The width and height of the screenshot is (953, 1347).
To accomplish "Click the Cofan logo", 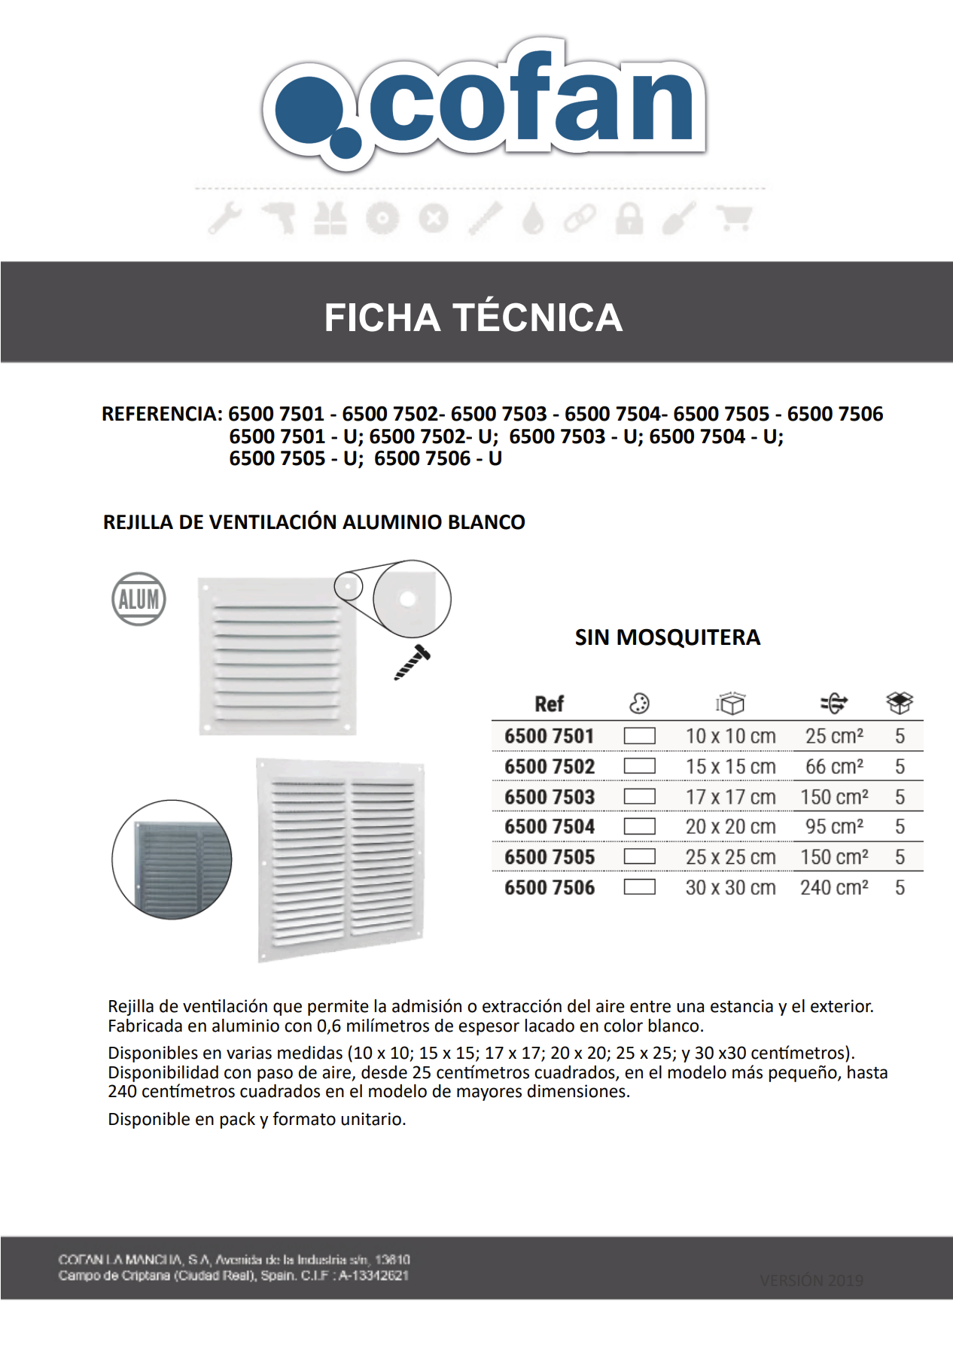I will [x=483, y=102].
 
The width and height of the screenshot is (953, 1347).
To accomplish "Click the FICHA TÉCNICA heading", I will [x=473, y=318].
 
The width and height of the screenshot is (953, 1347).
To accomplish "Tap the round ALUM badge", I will [x=139, y=599].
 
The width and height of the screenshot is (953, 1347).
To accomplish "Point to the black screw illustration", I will [x=413, y=661].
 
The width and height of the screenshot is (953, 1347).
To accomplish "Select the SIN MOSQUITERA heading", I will [x=667, y=637].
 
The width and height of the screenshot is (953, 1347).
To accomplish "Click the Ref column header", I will [x=549, y=704].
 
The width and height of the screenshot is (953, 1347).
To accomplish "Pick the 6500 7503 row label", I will [x=550, y=797].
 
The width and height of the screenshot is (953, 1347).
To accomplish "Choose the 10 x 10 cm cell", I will [x=730, y=736].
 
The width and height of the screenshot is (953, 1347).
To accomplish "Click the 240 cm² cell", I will [x=834, y=888].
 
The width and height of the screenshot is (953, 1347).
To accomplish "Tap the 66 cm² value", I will [x=834, y=767].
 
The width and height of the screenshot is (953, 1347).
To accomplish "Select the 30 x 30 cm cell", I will [x=730, y=888].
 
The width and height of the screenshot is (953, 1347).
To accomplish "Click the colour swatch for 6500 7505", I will [x=639, y=857].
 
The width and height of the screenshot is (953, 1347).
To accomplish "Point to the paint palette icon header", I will [x=639, y=704].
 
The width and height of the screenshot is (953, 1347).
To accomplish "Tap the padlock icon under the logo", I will [x=629, y=218].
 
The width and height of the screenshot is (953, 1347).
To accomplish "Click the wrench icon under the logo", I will [x=224, y=218].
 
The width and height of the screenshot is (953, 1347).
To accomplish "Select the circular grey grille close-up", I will [x=172, y=859].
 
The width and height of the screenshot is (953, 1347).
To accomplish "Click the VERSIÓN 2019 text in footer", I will [x=811, y=1280].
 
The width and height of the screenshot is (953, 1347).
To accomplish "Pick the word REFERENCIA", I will [x=160, y=414].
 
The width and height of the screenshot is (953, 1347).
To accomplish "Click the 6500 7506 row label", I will [x=550, y=888].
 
